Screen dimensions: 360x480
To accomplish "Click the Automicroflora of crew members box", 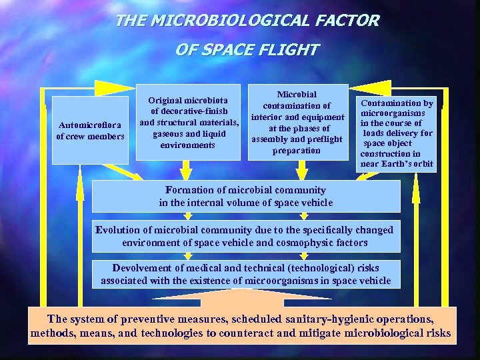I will tap(91, 131).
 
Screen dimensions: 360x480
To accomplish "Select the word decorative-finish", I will tap(189, 111).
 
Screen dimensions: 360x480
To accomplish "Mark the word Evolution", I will tap(119, 231).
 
